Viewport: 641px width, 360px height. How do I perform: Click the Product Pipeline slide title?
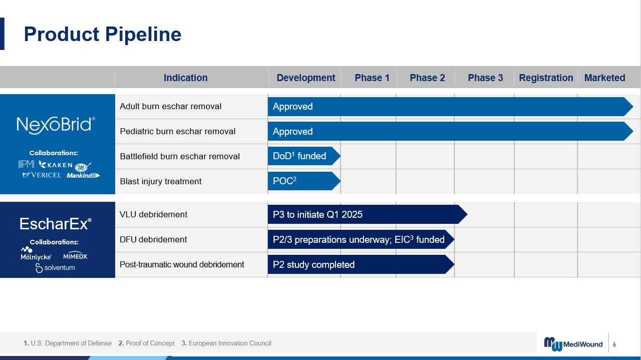103,35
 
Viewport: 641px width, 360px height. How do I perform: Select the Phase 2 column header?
427,78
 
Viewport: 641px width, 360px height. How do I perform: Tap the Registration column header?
546,78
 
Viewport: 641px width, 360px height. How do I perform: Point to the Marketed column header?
604,78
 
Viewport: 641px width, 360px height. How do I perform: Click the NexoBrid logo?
56,125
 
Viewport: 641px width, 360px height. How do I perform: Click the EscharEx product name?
56,223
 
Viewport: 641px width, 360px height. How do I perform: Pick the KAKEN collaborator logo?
56,165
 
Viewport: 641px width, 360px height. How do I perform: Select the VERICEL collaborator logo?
42,175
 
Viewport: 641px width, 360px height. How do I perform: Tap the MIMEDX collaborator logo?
75,256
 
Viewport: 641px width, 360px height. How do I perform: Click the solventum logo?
55,268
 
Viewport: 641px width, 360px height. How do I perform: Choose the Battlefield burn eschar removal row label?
180,156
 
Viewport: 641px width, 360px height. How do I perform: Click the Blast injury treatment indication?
161,181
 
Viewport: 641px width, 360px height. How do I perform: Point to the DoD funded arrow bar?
304,156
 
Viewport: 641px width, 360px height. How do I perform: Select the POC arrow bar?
304,181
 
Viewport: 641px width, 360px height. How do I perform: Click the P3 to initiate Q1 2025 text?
317,214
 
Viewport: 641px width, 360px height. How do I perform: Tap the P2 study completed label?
313,265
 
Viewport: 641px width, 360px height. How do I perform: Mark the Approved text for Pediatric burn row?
293,131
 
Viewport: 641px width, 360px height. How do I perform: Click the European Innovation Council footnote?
226,343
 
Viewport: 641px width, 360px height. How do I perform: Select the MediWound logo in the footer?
573,343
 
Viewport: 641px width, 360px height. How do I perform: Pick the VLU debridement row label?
153,214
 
